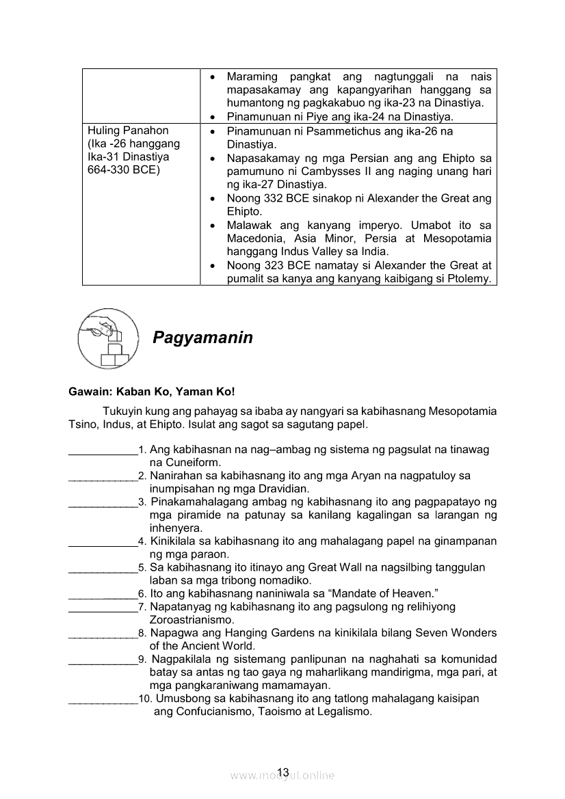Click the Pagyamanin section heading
(202, 338)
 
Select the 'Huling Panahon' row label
(128, 131)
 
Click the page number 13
(283, 772)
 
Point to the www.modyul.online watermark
(282, 776)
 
